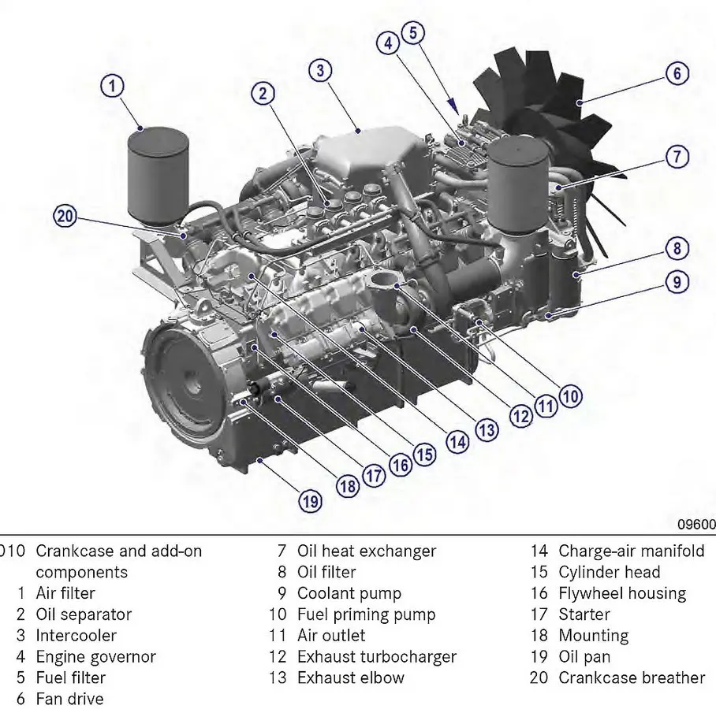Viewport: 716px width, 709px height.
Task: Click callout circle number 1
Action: [x=114, y=86]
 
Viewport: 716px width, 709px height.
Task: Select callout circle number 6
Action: [x=677, y=74]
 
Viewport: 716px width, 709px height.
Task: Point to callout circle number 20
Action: [x=66, y=216]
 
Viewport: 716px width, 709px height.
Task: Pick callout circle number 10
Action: [x=570, y=395]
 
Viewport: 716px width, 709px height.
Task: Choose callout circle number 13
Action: [x=487, y=429]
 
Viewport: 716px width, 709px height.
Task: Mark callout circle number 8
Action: [x=677, y=249]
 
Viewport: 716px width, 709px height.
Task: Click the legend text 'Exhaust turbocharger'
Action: [x=376, y=656]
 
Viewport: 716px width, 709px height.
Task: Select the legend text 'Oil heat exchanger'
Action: [x=366, y=551]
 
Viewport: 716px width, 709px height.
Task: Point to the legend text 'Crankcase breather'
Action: [x=632, y=677]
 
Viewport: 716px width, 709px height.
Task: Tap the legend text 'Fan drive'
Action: [x=69, y=698]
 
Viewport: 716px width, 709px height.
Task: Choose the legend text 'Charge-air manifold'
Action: [x=632, y=551]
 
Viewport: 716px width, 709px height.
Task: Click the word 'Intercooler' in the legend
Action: [x=76, y=635]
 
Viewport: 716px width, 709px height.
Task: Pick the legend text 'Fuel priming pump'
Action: [x=366, y=614]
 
